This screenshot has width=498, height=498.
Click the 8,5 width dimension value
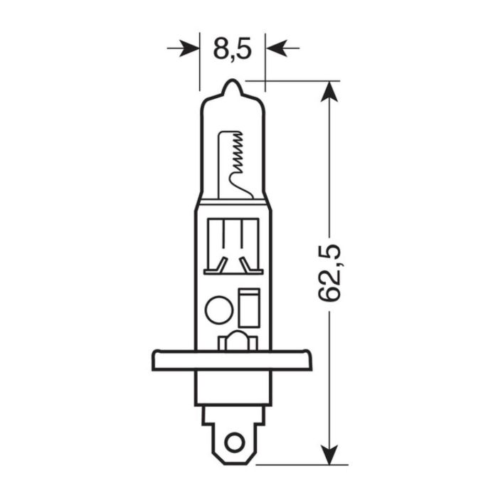tap(233, 50)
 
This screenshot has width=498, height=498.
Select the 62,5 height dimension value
tap(330, 273)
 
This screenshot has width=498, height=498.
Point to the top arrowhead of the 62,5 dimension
tap(329, 91)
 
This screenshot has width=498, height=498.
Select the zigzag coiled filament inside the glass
tap(240, 153)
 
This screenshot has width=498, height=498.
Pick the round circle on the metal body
tap(216, 310)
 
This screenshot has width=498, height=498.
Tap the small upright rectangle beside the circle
tap(249, 307)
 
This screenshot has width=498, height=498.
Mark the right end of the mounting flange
tap(309, 360)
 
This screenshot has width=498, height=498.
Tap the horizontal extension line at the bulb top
tap(299, 81)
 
